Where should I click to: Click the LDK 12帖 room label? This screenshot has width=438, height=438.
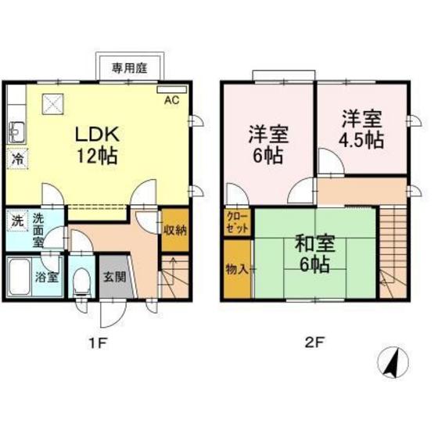click(96, 144)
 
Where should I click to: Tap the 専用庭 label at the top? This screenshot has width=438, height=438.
click(129, 68)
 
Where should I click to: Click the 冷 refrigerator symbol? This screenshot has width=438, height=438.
click(17, 159)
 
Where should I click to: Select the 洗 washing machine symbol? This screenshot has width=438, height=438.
click(17, 221)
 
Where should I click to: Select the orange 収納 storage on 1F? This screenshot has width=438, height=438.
click(174, 230)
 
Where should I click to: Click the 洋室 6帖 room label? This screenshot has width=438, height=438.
click(268, 144)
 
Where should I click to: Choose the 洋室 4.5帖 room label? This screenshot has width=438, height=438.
click(361, 129)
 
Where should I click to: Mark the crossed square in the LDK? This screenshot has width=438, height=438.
click(53, 104)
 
